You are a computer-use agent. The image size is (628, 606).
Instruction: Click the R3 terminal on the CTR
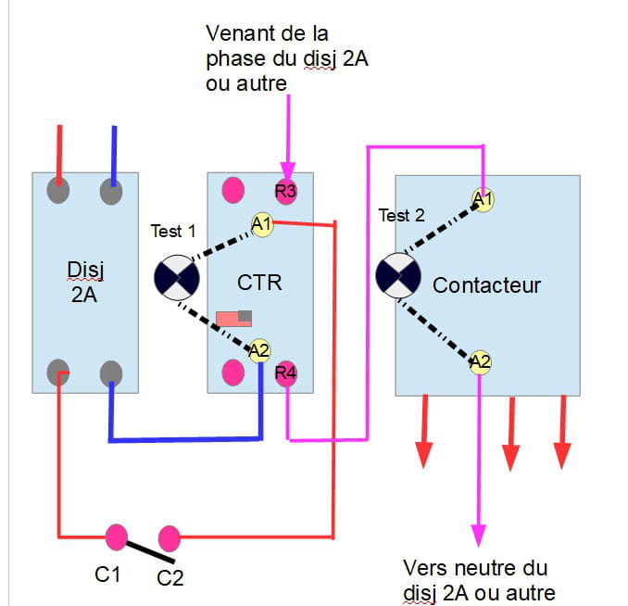(x=286, y=192)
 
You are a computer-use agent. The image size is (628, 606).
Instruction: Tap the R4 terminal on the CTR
(x=286, y=374)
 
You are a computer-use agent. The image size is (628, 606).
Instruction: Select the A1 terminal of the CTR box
(x=261, y=222)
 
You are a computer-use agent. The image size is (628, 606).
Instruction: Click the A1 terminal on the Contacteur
(x=482, y=198)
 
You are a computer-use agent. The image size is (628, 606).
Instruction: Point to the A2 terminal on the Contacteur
(x=480, y=361)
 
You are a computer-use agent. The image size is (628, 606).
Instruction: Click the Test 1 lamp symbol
(x=176, y=277)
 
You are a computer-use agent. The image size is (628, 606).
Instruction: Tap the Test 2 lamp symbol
(x=400, y=276)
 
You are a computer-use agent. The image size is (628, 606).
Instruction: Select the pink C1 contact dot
(x=116, y=536)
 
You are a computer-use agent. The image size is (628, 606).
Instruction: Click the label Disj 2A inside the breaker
(x=85, y=282)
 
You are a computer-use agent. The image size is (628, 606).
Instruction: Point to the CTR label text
(x=259, y=282)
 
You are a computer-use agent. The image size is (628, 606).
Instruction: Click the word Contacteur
(x=486, y=284)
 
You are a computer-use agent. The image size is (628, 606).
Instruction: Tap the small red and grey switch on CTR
(x=233, y=318)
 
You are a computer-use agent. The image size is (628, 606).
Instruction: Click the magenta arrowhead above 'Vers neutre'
(x=479, y=535)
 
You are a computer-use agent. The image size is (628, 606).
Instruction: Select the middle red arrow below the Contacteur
(x=510, y=454)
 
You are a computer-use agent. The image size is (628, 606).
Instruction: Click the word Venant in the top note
(x=236, y=35)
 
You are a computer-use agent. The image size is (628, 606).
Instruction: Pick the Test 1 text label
(x=173, y=231)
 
